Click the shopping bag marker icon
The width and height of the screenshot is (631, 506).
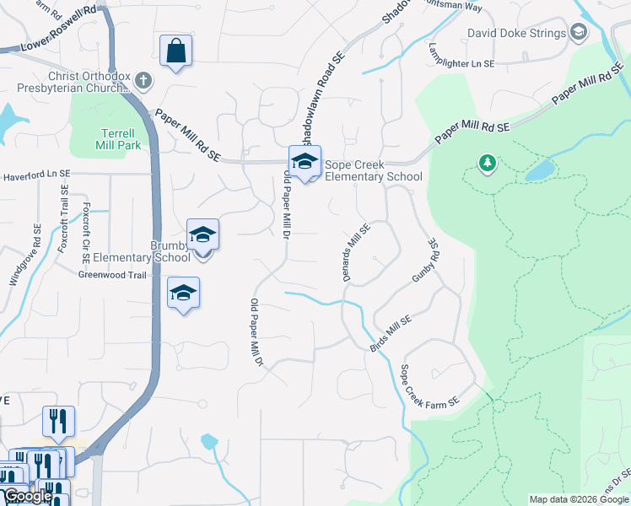[x=175, y=51]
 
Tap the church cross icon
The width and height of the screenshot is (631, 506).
[x=143, y=81]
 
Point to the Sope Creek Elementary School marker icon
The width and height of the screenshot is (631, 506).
[x=305, y=161]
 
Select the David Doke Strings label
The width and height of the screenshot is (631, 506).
[x=517, y=35]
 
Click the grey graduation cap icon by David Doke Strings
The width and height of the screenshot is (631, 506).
[x=579, y=34]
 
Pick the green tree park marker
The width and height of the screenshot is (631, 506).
[x=487, y=162]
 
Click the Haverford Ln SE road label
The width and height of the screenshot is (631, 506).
[x=36, y=176]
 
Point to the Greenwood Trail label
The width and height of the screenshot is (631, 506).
[x=113, y=275]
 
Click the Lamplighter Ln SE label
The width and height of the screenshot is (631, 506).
[x=459, y=57]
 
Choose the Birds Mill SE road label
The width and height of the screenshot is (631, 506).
[x=390, y=334]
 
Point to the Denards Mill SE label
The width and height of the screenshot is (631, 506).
[x=357, y=252]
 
